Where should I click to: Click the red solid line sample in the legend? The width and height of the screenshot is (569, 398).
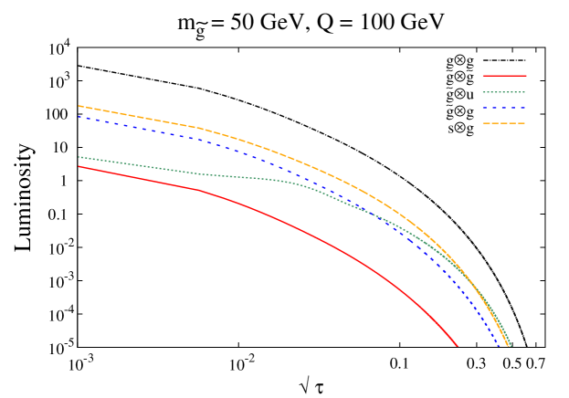tap(504, 76)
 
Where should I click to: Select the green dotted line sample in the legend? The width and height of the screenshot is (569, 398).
tap(504, 92)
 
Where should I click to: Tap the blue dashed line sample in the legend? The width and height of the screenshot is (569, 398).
tap(504, 108)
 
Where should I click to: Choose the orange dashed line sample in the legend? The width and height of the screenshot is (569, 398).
tap(504, 123)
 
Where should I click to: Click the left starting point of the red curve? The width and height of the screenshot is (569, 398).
tap(79, 166)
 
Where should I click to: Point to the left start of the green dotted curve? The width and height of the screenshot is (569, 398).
tap(79, 157)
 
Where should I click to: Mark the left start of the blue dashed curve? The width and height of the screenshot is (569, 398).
tap(79, 117)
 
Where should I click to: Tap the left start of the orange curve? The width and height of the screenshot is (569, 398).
tap(79, 106)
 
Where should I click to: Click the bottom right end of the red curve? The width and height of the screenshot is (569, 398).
tap(457, 346)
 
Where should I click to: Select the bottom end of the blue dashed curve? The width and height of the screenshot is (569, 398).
tap(500, 346)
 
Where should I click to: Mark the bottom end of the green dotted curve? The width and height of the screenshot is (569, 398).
tap(511, 346)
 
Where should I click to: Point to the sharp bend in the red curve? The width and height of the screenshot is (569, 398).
tap(199, 190)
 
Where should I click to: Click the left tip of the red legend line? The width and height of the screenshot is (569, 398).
tap(483, 76)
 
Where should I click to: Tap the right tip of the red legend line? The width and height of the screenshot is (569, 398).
tap(526, 76)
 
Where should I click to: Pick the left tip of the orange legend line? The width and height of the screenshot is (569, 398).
tap(483, 123)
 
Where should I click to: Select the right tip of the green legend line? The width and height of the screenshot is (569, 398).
tap(525, 92)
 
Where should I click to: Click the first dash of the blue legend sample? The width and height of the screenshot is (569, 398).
tap(486, 108)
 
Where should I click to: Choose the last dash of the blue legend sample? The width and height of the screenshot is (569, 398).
tap(522, 108)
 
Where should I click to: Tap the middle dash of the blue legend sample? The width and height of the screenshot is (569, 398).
tap(504, 108)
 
